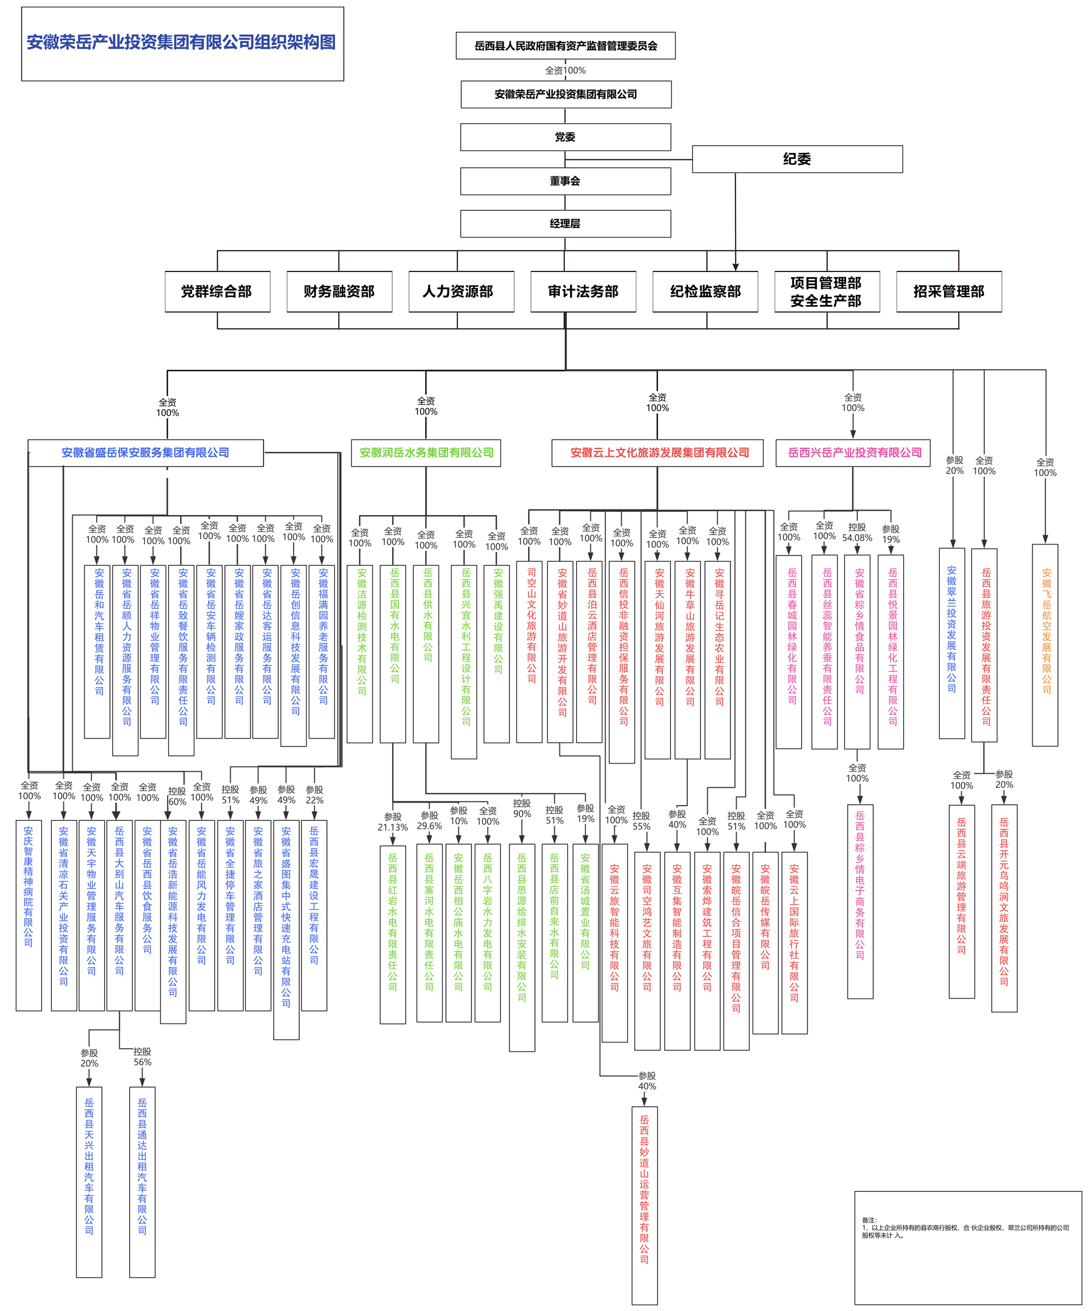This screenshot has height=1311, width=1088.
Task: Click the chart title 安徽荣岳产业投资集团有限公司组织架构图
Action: (182, 43)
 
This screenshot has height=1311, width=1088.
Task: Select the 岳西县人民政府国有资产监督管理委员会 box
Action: (565, 45)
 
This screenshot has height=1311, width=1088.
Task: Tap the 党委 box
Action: (565, 137)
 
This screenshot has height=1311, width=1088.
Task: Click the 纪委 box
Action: (797, 159)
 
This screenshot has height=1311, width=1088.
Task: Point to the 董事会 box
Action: (565, 181)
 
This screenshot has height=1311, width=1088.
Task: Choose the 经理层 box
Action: (565, 223)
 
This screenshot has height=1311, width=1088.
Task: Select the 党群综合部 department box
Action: (216, 291)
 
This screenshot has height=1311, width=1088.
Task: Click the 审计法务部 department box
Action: (583, 291)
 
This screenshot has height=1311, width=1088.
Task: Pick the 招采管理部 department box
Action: (948, 291)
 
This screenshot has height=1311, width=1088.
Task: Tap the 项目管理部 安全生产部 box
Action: (826, 291)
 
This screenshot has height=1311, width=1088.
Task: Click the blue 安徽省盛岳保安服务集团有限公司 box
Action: (146, 453)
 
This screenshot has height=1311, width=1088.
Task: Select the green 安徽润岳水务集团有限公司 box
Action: (426, 453)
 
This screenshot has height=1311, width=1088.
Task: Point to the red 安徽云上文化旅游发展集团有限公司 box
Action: (657, 453)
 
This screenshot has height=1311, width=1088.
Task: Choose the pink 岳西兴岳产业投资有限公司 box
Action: (853, 453)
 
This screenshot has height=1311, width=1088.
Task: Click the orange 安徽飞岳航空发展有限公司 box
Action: (1045, 644)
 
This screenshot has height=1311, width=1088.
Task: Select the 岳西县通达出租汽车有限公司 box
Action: (142, 1182)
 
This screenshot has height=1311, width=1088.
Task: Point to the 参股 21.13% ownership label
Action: (393, 821)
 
